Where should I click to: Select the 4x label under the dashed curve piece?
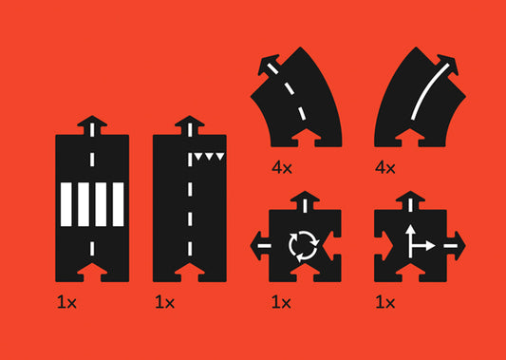click(282, 168)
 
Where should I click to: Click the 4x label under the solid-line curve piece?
click(385, 168)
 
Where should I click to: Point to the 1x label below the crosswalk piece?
click(66, 302)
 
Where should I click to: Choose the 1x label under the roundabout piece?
click(281, 302)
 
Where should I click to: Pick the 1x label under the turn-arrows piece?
click(385, 302)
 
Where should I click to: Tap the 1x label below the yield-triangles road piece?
click(164, 302)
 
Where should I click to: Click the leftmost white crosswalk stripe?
click(66, 204)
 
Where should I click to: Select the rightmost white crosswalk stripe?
click(118, 204)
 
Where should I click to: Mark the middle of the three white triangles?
click(209, 157)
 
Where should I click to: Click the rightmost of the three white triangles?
click(220, 157)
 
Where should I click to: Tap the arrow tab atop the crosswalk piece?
click(92, 125)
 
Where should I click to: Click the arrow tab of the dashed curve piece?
click(269, 66)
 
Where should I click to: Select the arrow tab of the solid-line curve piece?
click(447, 66)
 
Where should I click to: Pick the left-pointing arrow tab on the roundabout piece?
click(260, 246)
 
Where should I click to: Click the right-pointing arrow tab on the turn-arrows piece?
click(456, 246)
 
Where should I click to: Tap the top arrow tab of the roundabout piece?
click(305, 200)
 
